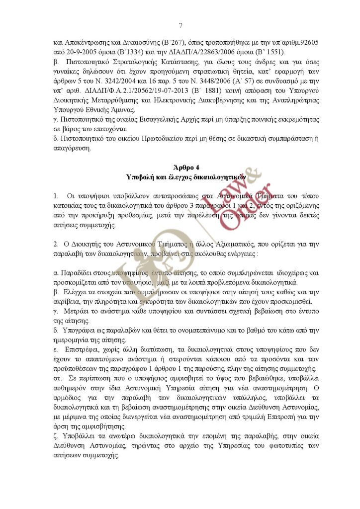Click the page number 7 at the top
[180, 25]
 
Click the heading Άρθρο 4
[180, 168]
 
